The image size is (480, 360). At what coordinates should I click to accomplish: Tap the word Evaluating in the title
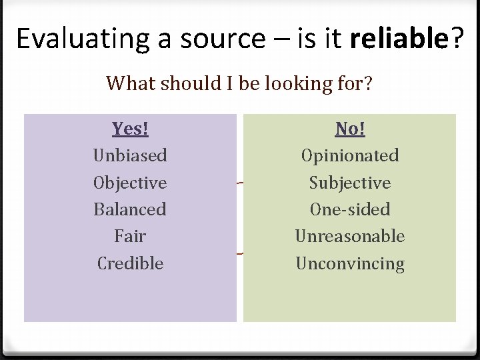pyautogui.click(x=83, y=39)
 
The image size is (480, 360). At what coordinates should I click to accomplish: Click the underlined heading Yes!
pyautogui.click(x=130, y=128)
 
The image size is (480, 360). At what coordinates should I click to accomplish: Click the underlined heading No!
pyautogui.click(x=349, y=128)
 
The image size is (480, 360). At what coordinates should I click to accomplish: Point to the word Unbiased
pyautogui.click(x=130, y=155)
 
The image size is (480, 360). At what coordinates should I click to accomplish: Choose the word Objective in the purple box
pyautogui.click(x=130, y=183)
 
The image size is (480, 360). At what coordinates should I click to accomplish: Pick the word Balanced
pyautogui.click(x=130, y=209)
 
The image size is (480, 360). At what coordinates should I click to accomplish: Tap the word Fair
pyautogui.click(x=130, y=236)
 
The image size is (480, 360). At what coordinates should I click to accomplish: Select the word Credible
pyautogui.click(x=130, y=263)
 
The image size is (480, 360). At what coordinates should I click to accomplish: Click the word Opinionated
pyautogui.click(x=349, y=155)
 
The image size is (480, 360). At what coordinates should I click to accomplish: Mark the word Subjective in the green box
pyautogui.click(x=349, y=183)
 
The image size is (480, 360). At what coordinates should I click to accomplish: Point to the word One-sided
pyautogui.click(x=349, y=209)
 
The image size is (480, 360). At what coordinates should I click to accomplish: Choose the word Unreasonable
pyautogui.click(x=349, y=236)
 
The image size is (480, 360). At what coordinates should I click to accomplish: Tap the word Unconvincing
pyautogui.click(x=349, y=263)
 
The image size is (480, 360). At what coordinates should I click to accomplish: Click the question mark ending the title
pyautogui.click(x=457, y=39)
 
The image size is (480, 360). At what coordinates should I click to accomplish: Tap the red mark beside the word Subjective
pyautogui.click(x=239, y=183)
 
